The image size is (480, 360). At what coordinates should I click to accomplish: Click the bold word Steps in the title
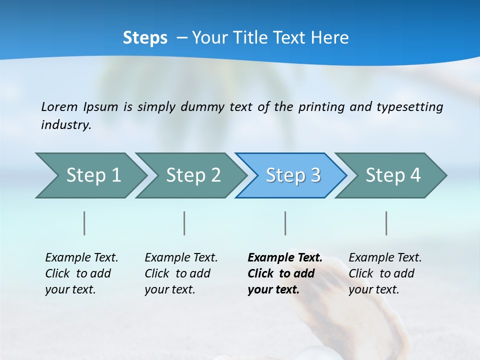click(x=145, y=38)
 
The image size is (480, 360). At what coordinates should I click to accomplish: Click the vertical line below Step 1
click(x=84, y=223)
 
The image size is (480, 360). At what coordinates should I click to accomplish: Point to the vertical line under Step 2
click(x=184, y=223)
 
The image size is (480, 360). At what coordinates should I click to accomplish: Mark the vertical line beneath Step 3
click(x=285, y=223)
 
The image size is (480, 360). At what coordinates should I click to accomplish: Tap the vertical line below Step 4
click(x=386, y=223)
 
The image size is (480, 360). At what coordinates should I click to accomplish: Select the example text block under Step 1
click(x=81, y=273)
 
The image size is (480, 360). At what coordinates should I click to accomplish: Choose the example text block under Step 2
click(x=181, y=273)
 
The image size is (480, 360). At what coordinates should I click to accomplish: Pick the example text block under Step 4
click(x=385, y=273)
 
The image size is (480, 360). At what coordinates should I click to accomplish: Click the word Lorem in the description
click(x=59, y=106)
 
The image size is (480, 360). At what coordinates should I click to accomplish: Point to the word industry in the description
click(x=65, y=124)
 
